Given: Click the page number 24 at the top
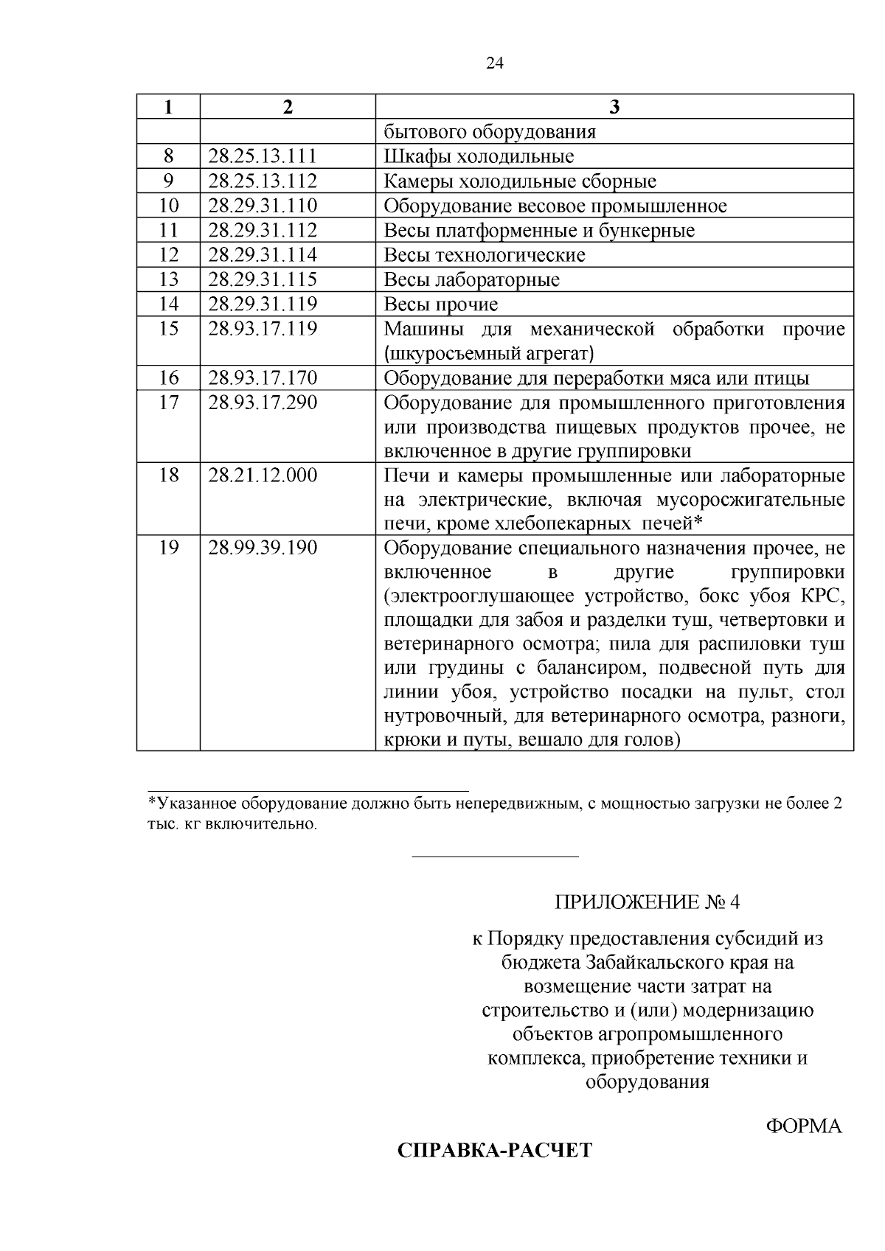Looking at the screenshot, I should [x=495, y=63].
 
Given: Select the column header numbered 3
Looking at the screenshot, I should [x=614, y=107].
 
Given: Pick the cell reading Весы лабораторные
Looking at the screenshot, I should [x=471, y=280].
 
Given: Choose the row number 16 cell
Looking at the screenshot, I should [x=169, y=378].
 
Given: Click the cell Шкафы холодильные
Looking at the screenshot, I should [x=479, y=156].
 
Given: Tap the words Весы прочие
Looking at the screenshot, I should [x=441, y=304].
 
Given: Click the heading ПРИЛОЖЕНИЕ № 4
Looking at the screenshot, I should [x=646, y=902].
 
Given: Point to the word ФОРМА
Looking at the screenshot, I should [x=803, y=1127].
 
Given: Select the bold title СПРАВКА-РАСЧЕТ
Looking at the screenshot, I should [x=494, y=1151].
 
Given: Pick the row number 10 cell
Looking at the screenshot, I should [x=169, y=206].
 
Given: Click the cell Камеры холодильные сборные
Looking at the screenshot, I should [x=520, y=181].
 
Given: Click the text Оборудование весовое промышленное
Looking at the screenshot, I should [x=555, y=206].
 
